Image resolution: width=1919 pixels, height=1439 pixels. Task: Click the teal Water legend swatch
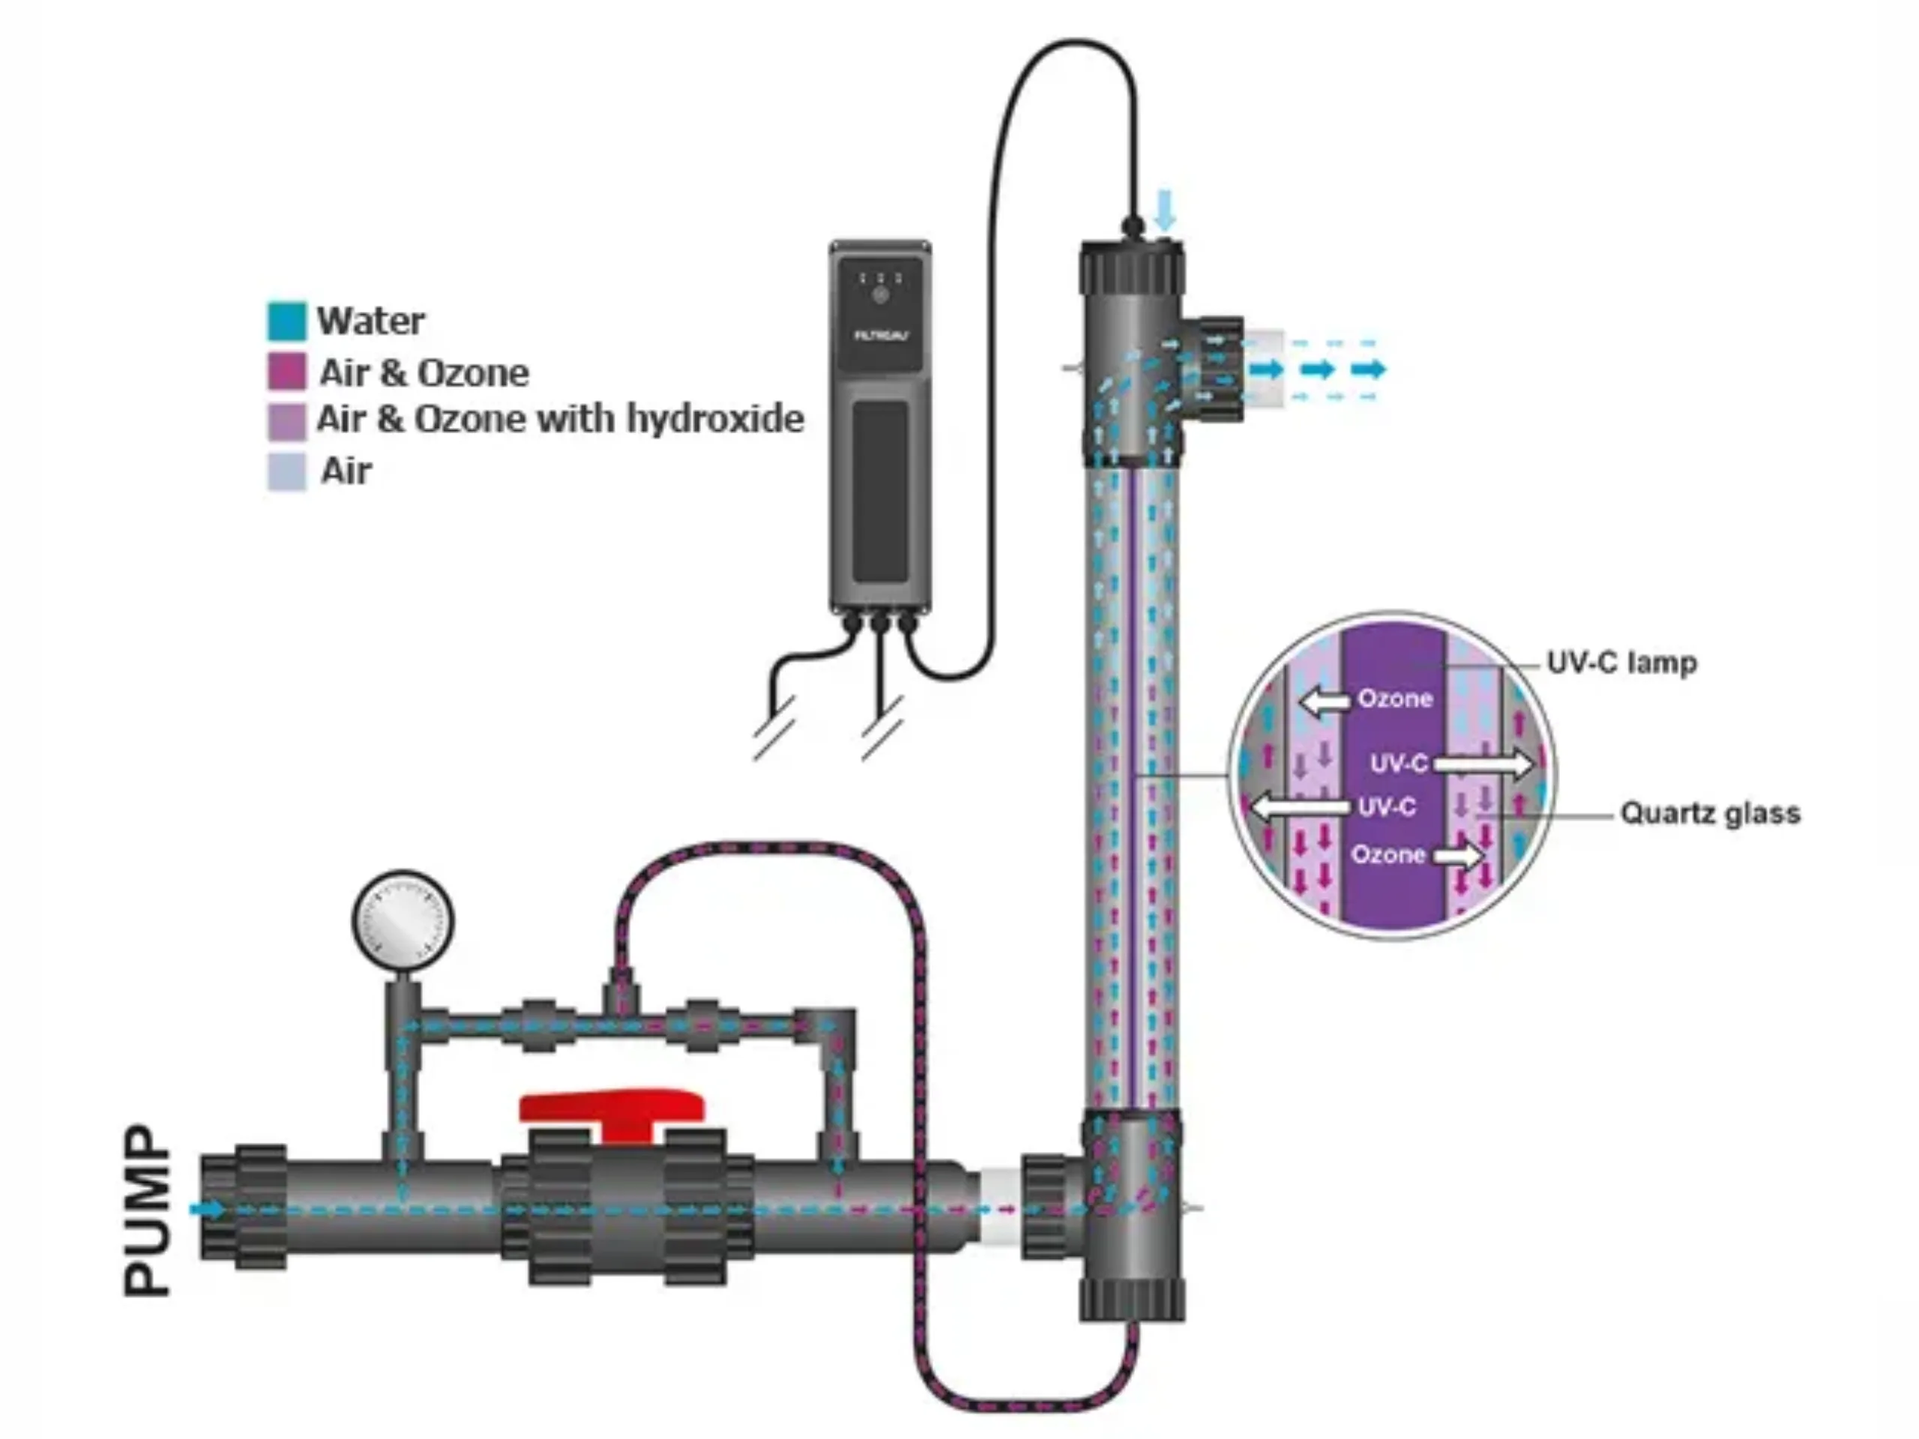point(286,321)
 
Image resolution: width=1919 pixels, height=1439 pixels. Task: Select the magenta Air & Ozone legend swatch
point(286,371)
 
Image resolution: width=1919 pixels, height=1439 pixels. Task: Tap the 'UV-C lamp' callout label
point(1621,663)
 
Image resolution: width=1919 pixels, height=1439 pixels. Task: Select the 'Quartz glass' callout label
point(1710,812)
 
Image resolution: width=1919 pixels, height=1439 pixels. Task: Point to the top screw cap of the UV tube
point(1131,267)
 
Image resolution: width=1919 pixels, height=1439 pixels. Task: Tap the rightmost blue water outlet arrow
point(1368,369)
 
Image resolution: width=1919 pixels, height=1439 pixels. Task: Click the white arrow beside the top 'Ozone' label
point(1325,700)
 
